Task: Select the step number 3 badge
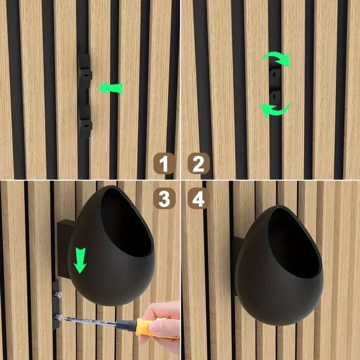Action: (164, 198)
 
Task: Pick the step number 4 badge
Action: (198, 198)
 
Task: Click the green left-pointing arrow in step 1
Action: (110, 88)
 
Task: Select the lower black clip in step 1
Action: (85, 121)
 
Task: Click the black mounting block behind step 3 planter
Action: (63, 243)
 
